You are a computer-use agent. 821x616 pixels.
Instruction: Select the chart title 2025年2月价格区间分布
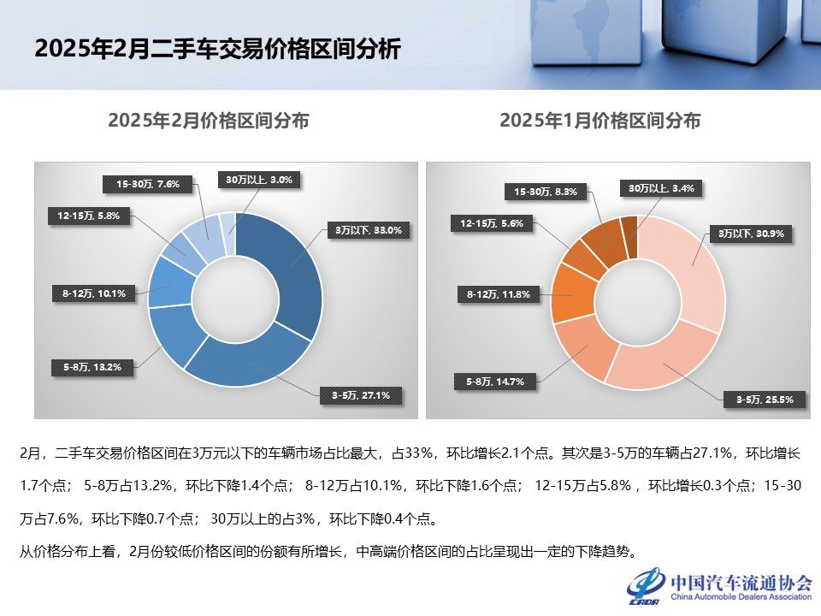[209, 121]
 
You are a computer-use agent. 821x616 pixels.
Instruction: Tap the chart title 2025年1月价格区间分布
[600, 121]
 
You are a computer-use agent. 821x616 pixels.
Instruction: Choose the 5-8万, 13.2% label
[92, 367]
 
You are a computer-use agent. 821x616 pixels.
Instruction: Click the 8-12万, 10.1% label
[94, 293]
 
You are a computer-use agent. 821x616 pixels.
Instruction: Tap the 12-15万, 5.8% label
[89, 216]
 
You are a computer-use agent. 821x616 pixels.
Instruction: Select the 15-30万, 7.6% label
[147, 183]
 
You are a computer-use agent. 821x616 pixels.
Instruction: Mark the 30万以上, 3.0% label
[258, 180]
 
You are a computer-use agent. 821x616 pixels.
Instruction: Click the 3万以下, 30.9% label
[750, 233]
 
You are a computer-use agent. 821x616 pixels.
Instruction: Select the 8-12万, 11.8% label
[499, 295]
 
